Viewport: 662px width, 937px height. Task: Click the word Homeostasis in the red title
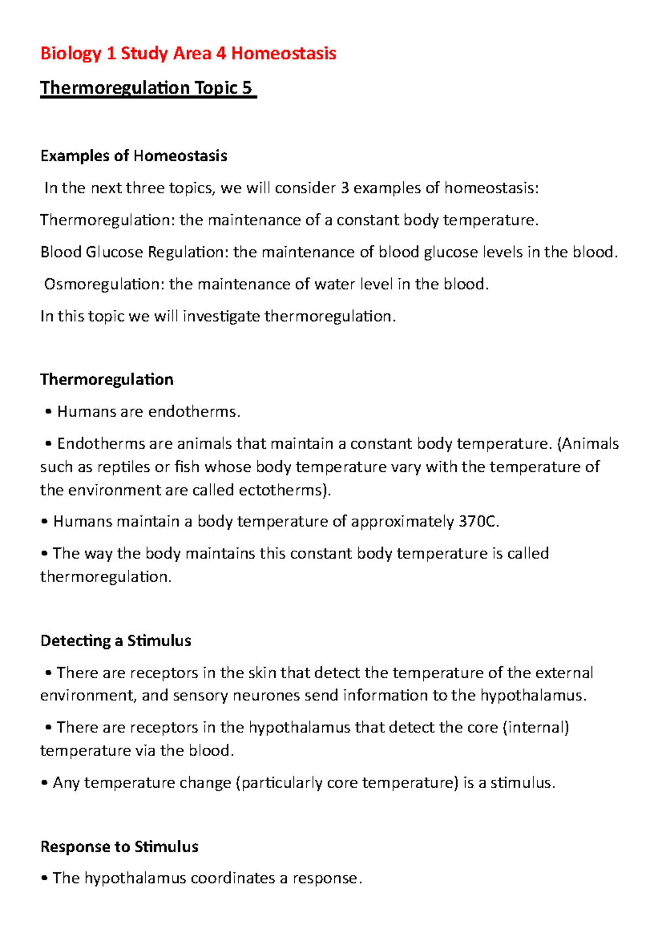coord(284,54)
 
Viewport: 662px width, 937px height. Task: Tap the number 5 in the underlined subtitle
coord(247,88)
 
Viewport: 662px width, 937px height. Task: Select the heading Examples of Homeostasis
coord(134,156)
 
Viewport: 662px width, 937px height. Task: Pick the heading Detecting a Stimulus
coord(116,641)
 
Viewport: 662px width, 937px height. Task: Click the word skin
coord(261,673)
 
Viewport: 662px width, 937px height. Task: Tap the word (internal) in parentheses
coord(536,727)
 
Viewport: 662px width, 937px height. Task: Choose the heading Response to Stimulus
coord(119,847)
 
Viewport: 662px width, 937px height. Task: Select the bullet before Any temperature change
coord(45,784)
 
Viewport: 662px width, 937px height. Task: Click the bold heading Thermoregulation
coord(107,380)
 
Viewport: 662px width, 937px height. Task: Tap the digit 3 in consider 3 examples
coord(345,188)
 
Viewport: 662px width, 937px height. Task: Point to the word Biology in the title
coord(71,54)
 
